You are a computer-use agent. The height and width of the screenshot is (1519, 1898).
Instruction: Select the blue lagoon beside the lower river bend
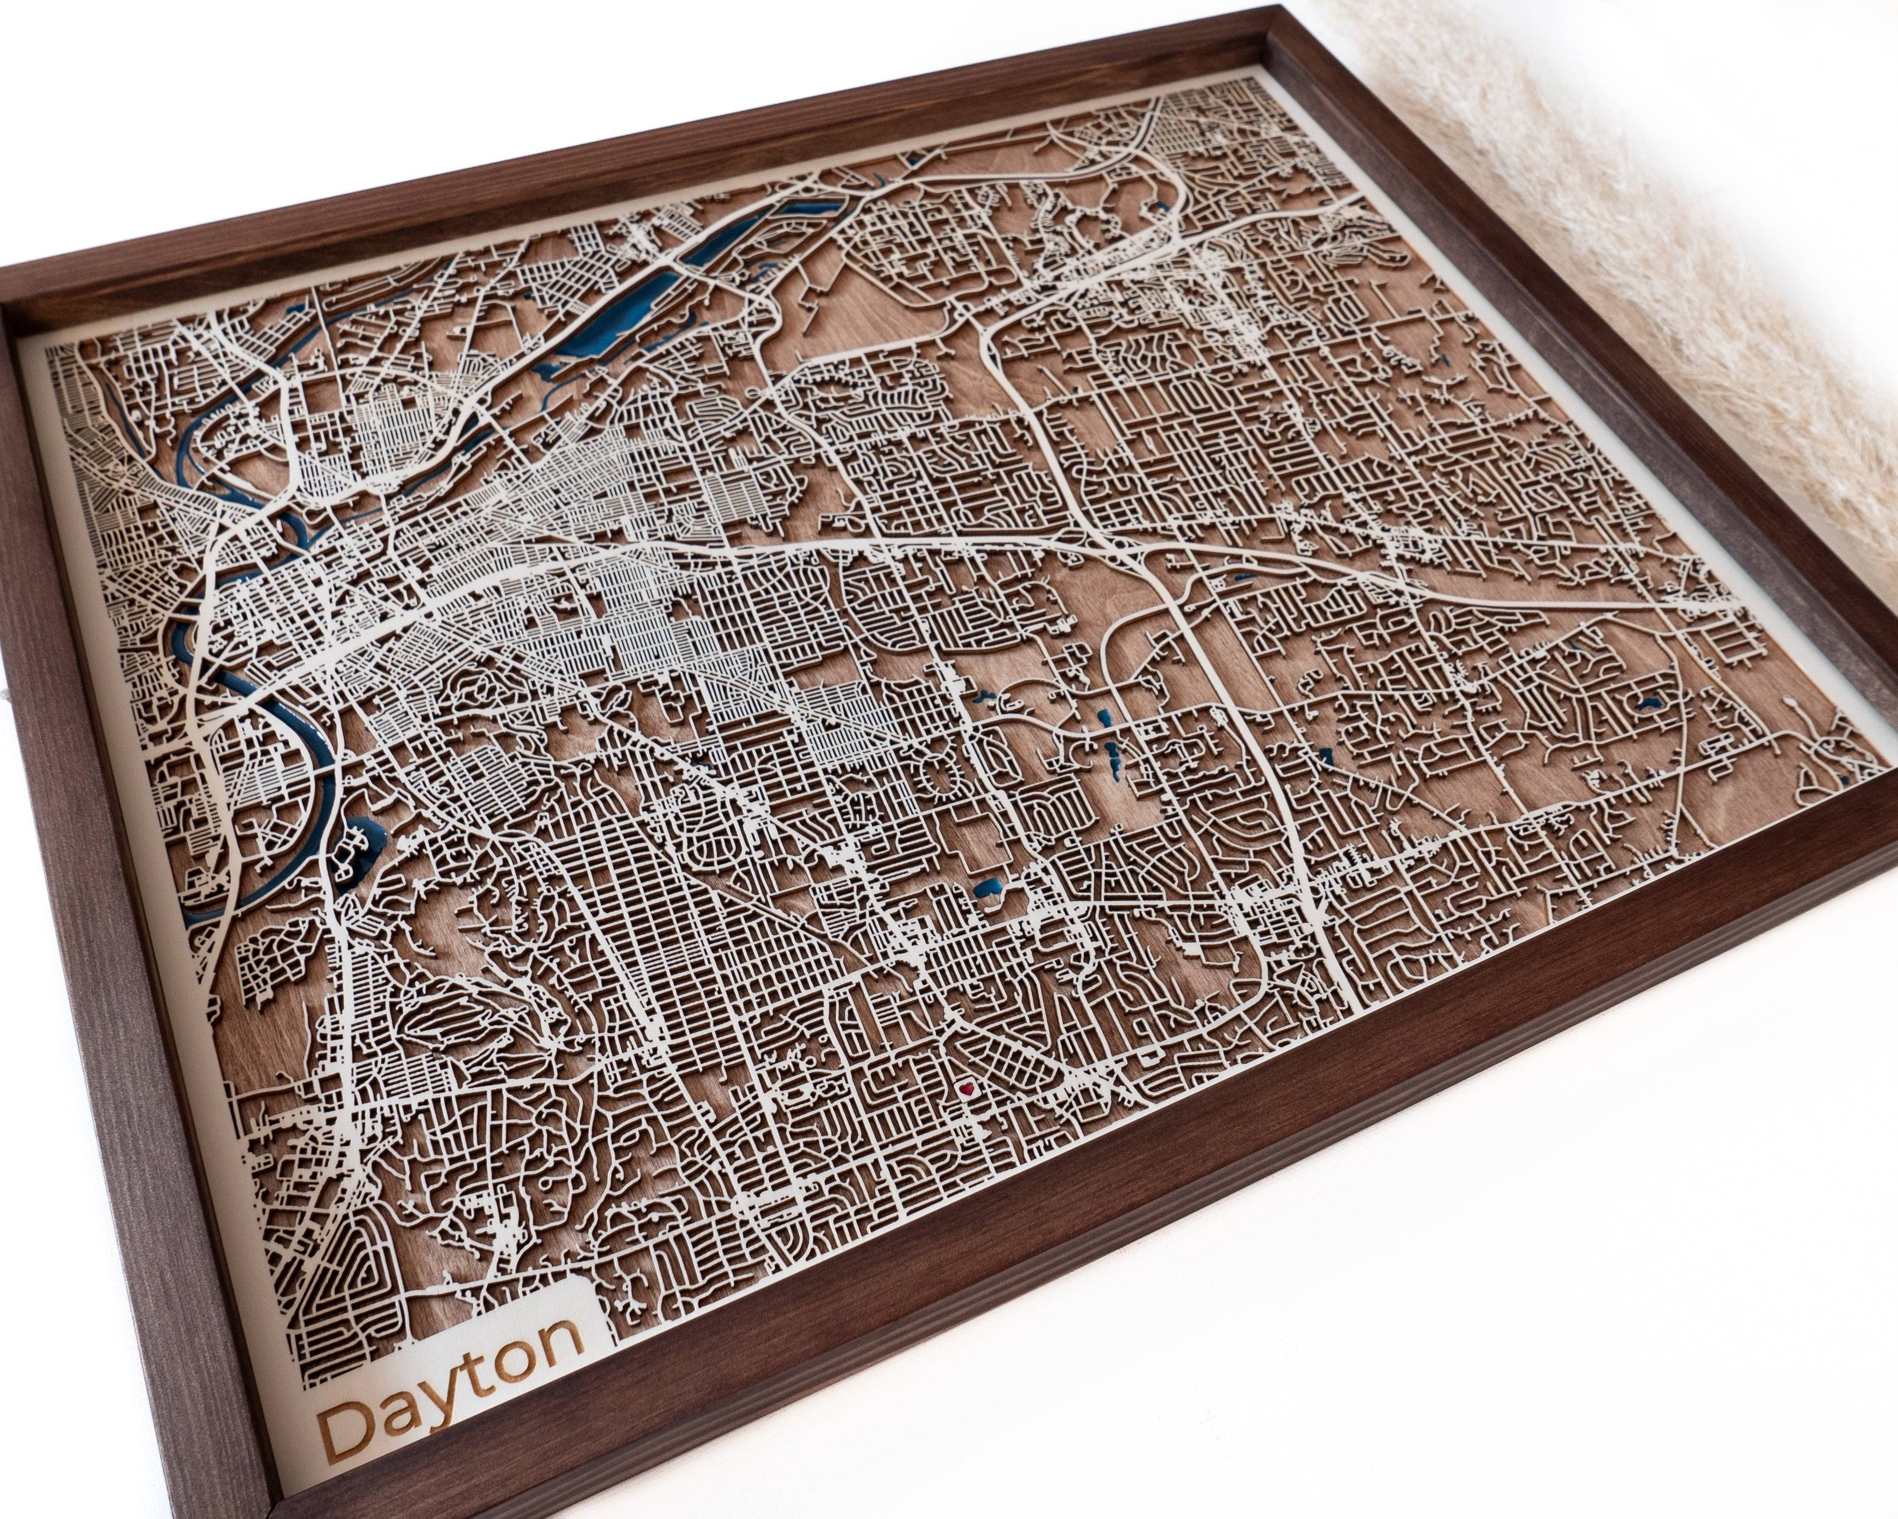(x=361, y=837)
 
